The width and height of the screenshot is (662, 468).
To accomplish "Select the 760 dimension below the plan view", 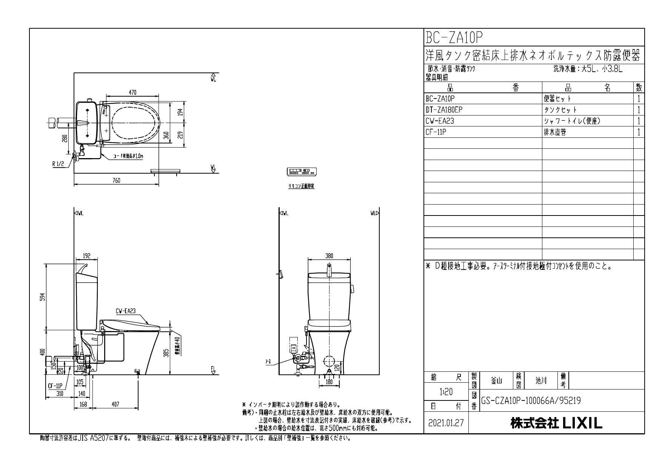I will pyautogui.click(x=116, y=181).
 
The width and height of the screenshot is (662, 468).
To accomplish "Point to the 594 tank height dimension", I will pyautogui.click(x=43, y=297).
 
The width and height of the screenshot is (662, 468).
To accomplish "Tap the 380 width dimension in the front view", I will pyautogui.click(x=329, y=256).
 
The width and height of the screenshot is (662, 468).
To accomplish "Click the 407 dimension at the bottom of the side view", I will pyautogui.click(x=115, y=404).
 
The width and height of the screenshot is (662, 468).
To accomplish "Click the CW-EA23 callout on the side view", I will pyautogui.click(x=126, y=311).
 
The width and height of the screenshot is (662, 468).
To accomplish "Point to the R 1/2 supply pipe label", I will pyautogui.click(x=59, y=164).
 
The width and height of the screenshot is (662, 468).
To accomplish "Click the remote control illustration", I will pyautogui.click(x=302, y=172).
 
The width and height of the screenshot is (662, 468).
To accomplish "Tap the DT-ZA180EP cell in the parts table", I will pyautogui.click(x=444, y=110).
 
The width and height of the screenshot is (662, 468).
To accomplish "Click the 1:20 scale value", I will pyautogui.click(x=446, y=392).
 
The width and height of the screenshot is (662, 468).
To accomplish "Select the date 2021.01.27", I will pyautogui.click(x=446, y=423).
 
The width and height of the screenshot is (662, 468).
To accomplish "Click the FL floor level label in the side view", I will pyautogui.click(x=214, y=369).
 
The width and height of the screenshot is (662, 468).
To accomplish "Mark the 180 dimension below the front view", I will pyautogui.click(x=329, y=382).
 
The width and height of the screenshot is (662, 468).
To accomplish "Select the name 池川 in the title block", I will pyautogui.click(x=541, y=381).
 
